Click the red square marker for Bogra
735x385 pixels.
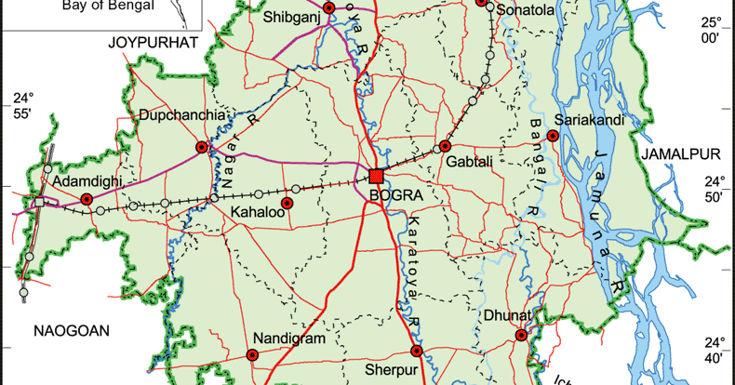[377, 177]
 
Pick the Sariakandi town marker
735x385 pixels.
[553, 136]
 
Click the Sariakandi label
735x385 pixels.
[588, 120]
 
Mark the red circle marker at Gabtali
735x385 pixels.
[446, 146]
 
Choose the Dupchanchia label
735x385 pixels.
[183, 115]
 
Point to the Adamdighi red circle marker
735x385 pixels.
[87, 199]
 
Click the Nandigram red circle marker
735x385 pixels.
[251, 353]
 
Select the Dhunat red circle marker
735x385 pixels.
[521, 335]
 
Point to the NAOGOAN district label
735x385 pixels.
[72, 330]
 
